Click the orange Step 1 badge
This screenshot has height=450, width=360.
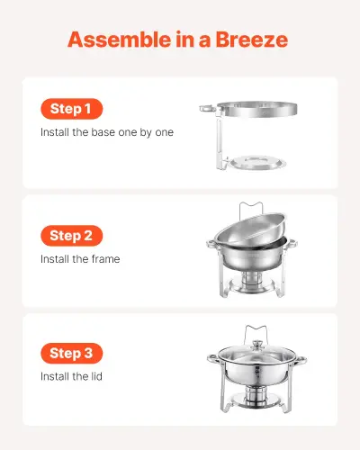coord(71,109)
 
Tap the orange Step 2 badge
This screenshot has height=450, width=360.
coord(71,236)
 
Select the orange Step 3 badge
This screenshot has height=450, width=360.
coord(71,353)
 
